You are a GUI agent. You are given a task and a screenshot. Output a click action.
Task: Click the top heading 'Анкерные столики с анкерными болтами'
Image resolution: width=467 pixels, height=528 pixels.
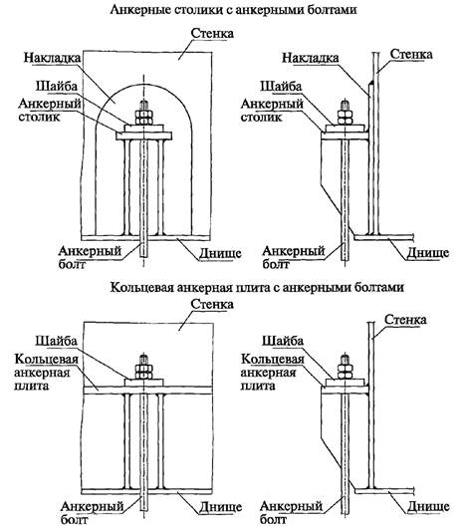pos(233,9)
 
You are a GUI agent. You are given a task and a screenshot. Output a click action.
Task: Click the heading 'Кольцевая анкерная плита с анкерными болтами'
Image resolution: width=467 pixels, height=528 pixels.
pos(257,287)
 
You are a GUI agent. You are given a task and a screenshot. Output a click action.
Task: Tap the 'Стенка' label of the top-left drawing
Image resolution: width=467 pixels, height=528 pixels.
pos(212,33)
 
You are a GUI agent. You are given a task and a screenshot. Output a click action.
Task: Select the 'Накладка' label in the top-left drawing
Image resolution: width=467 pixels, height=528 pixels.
pos(52,58)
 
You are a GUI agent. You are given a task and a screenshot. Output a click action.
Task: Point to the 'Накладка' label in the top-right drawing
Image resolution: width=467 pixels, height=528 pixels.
pos(311,58)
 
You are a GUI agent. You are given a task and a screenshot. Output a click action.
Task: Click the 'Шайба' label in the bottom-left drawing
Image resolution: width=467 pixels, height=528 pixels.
pos(57,341)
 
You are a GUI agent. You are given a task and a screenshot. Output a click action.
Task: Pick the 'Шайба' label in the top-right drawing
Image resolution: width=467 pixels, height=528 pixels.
pos(281,87)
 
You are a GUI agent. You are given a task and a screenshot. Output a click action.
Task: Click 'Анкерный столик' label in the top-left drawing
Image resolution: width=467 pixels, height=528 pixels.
pos(50,110)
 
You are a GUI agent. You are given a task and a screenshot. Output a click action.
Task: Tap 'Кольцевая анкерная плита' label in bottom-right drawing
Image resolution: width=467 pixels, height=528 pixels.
pos(272,372)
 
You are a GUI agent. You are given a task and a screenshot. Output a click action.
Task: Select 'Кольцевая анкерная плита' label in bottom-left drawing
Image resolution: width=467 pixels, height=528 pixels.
pos(46,372)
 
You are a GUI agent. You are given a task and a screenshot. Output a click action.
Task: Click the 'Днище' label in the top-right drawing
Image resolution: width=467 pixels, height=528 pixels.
pos(428,253)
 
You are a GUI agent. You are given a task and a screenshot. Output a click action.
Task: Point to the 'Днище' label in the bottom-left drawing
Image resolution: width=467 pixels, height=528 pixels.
pos(220,506)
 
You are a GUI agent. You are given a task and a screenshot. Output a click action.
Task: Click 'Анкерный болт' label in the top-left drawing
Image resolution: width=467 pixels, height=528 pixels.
pos(90,257)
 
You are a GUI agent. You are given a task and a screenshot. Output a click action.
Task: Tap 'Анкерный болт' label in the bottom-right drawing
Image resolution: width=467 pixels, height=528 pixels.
pos(292,512)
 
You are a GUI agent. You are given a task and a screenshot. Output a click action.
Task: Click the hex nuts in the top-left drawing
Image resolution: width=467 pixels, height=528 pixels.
pos(144,117)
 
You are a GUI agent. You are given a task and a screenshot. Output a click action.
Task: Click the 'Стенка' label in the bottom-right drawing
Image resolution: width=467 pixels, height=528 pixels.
pos(405,319)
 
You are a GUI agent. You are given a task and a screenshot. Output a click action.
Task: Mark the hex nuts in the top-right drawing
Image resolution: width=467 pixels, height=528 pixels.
pos(345,117)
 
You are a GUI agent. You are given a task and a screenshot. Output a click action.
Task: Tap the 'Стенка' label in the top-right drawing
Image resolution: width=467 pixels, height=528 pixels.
pos(411,54)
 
